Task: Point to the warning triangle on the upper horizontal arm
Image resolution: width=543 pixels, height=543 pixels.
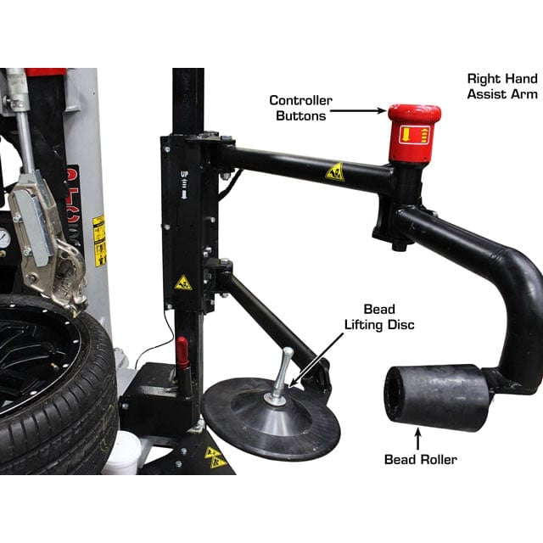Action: [x=335, y=171]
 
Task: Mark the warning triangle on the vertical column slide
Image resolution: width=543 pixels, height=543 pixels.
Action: [x=183, y=283]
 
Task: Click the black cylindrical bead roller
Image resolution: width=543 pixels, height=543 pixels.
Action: [x=434, y=397]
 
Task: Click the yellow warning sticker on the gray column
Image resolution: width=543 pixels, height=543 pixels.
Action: [x=100, y=241]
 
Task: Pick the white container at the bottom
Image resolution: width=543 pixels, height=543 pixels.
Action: [x=124, y=453]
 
